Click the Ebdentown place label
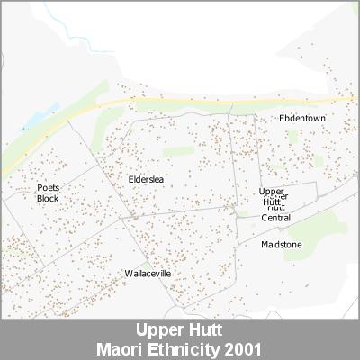coord(302,118)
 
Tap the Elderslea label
coord(145,180)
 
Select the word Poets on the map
coord(48,188)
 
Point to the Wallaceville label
coord(148,273)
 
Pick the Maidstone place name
coord(282,244)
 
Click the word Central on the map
coord(276,218)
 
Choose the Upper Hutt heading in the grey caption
coord(180,330)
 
